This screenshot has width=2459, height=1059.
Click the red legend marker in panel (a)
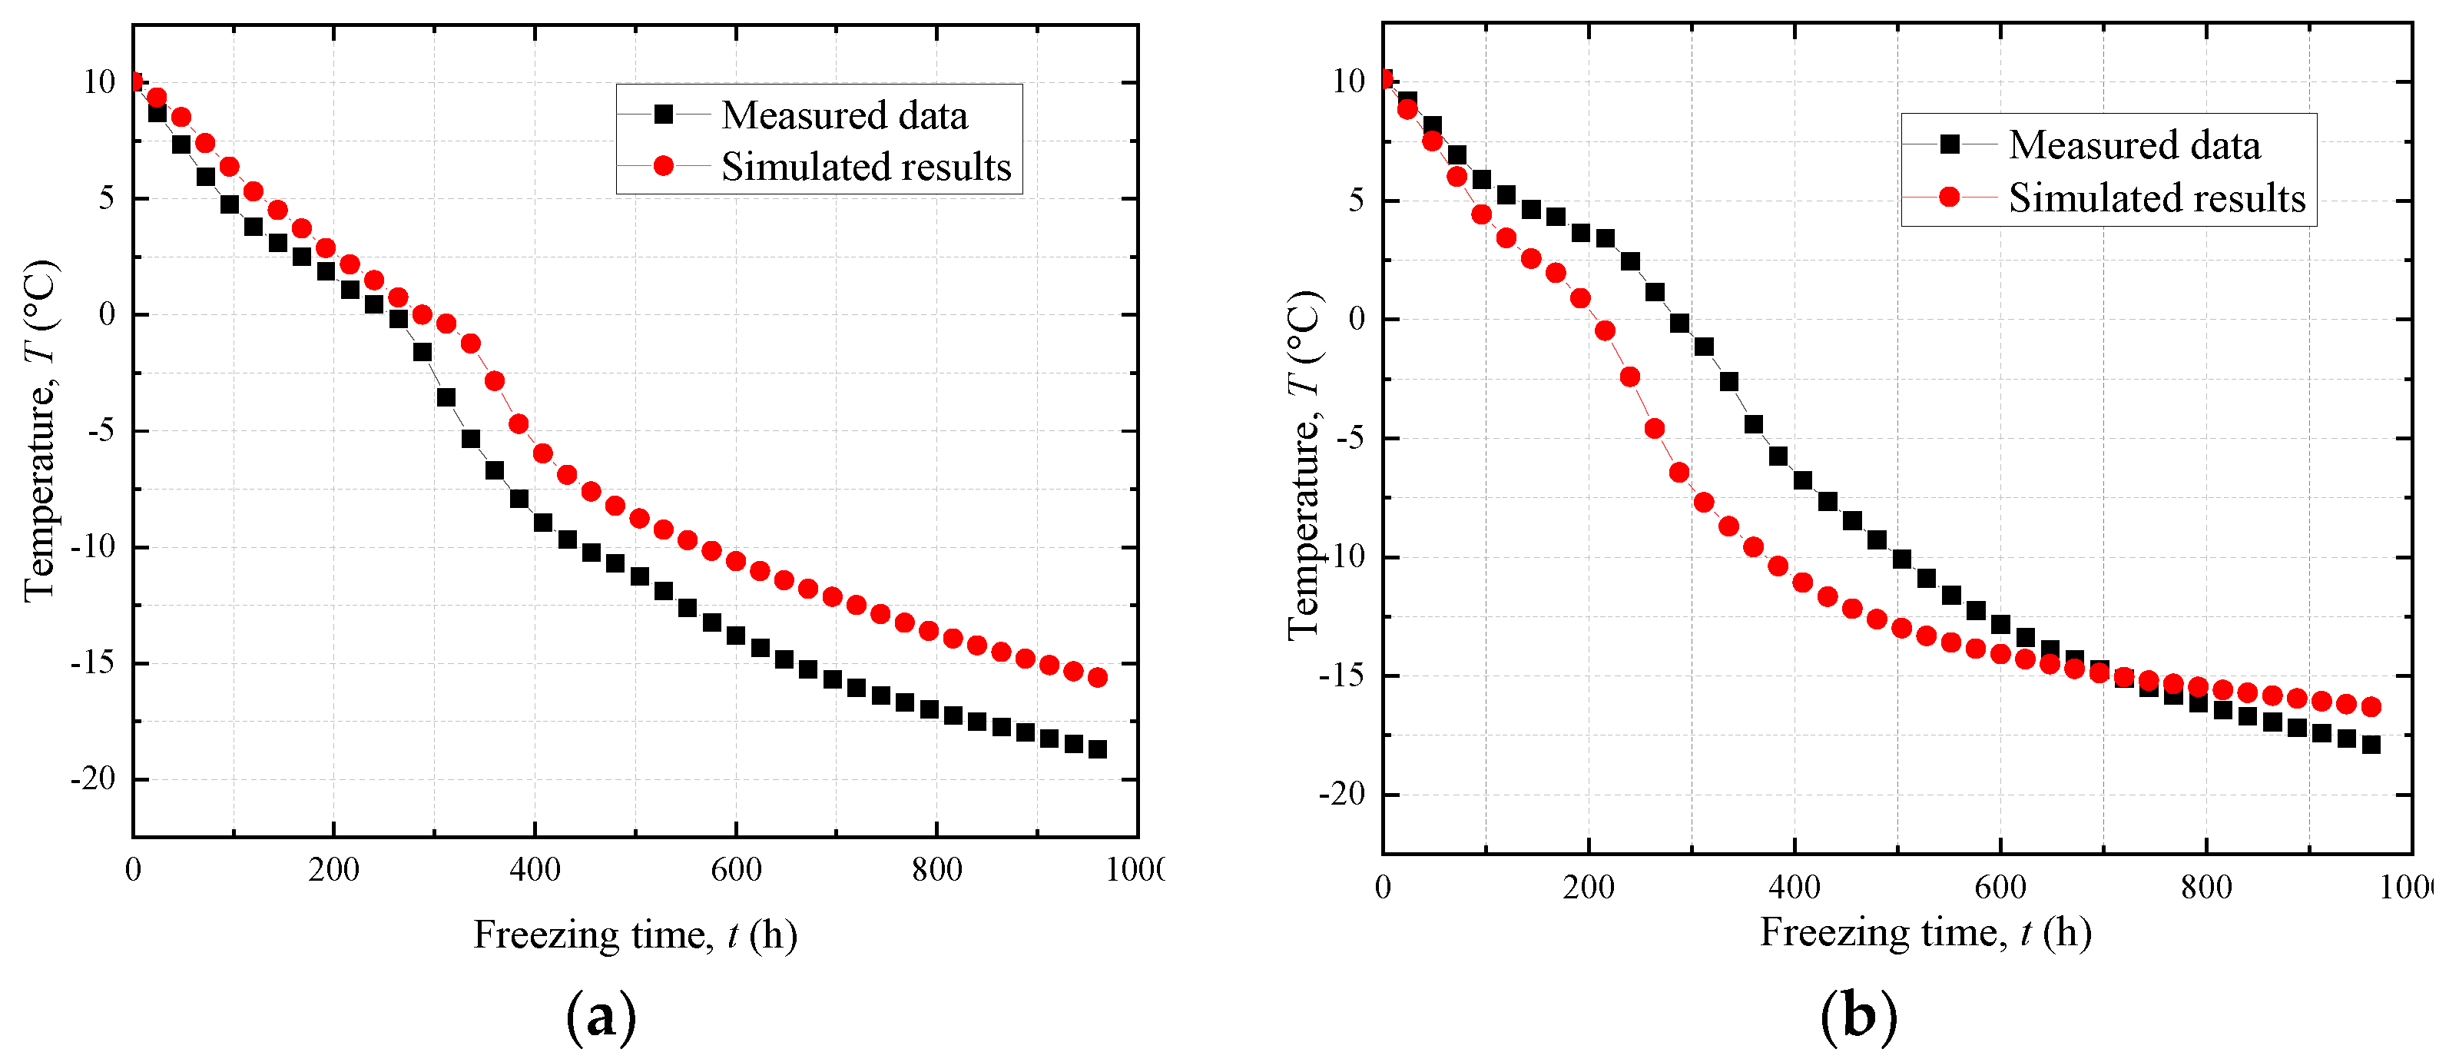pyautogui.click(x=664, y=166)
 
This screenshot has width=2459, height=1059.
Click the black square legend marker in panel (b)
pyautogui.click(x=1949, y=144)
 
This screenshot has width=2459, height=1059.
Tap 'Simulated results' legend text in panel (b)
pyautogui.click(x=2156, y=198)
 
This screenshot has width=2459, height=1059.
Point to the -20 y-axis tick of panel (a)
pyautogui.click(x=93, y=779)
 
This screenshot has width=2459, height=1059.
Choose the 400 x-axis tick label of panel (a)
pyautogui.click(x=535, y=869)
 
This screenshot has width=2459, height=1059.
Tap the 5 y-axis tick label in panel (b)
pyautogui.click(x=1356, y=201)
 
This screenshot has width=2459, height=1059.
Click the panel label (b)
pyautogui.click(x=1858, y=1016)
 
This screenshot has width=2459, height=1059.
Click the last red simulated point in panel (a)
pyautogui.click(x=1098, y=677)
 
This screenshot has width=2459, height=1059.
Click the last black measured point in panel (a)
pyautogui.click(x=1098, y=749)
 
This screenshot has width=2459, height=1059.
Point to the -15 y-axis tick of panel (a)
pyautogui.click(x=93, y=662)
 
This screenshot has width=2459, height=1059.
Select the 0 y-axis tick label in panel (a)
pyautogui.click(x=106, y=314)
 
